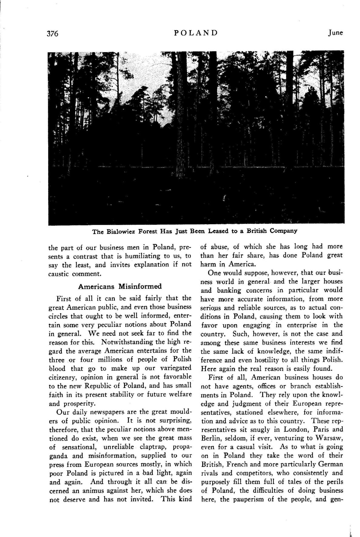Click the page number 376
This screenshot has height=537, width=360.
52,34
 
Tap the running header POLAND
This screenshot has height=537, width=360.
196,33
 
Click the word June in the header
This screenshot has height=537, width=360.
335,33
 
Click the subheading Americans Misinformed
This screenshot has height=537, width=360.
120,286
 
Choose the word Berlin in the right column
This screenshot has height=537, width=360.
210,438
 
